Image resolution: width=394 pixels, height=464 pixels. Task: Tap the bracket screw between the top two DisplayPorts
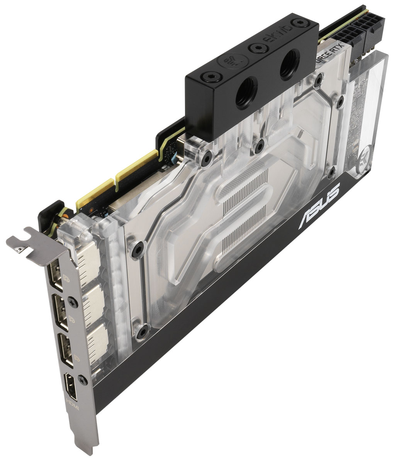[x=72, y=300]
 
